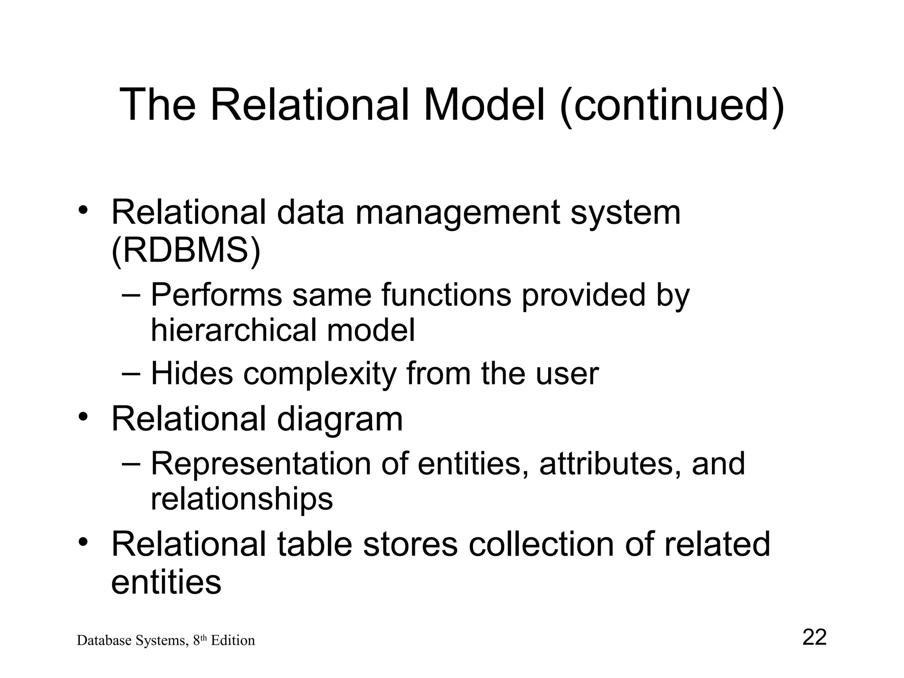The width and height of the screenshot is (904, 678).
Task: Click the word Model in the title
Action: (484, 105)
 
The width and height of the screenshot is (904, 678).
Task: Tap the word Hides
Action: (192, 374)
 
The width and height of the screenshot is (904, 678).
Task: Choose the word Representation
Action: (261, 463)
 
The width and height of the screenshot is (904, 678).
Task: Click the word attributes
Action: (610, 464)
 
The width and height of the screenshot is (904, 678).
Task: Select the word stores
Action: (410, 544)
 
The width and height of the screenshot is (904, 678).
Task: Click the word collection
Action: (541, 544)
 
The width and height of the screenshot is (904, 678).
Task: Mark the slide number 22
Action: (814, 637)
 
